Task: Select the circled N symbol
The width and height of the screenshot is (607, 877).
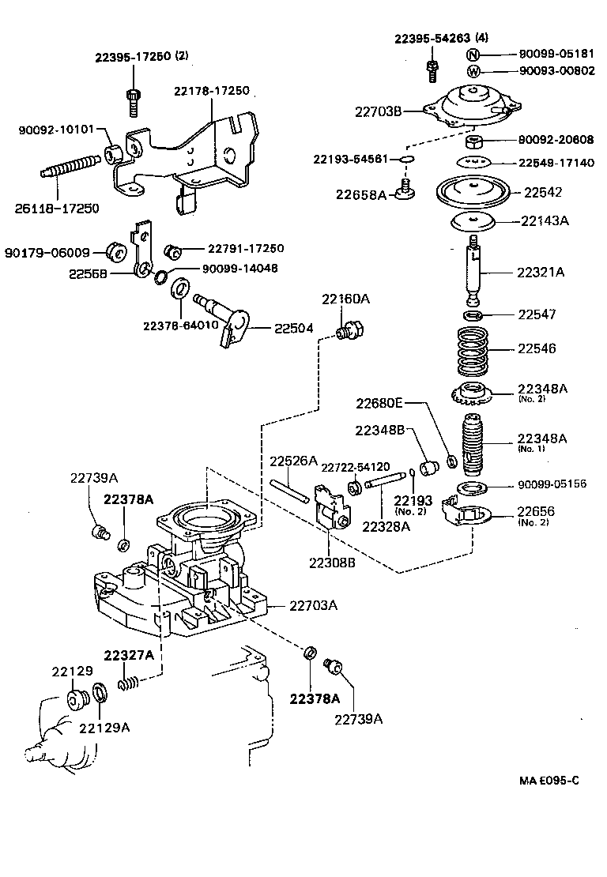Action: click(473, 55)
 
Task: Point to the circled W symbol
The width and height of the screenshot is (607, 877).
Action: click(473, 71)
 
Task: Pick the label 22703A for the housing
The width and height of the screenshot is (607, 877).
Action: click(313, 606)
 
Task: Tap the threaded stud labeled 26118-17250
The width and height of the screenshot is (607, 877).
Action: click(67, 173)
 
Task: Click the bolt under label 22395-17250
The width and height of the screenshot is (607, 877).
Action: click(132, 101)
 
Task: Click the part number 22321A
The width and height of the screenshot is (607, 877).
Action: click(541, 272)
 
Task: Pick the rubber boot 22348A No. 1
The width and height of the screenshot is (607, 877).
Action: click(473, 446)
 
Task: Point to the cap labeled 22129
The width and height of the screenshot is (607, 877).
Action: click(77, 700)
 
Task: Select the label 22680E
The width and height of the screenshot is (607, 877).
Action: click(379, 403)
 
